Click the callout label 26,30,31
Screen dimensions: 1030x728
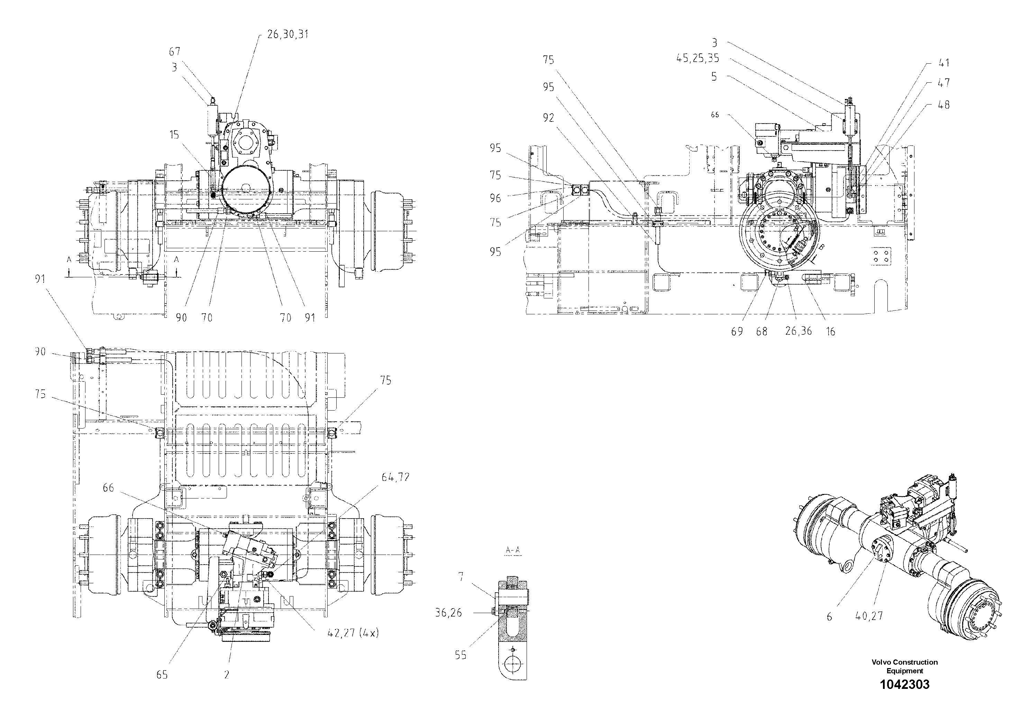(288, 34)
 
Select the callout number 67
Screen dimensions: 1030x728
(174, 52)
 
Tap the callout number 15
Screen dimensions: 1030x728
(174, 135)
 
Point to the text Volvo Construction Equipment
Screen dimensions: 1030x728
(904, 666)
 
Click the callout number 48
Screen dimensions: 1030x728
(944, 105)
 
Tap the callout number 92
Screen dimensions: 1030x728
(548, 118)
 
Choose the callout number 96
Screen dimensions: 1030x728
(495, 198)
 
